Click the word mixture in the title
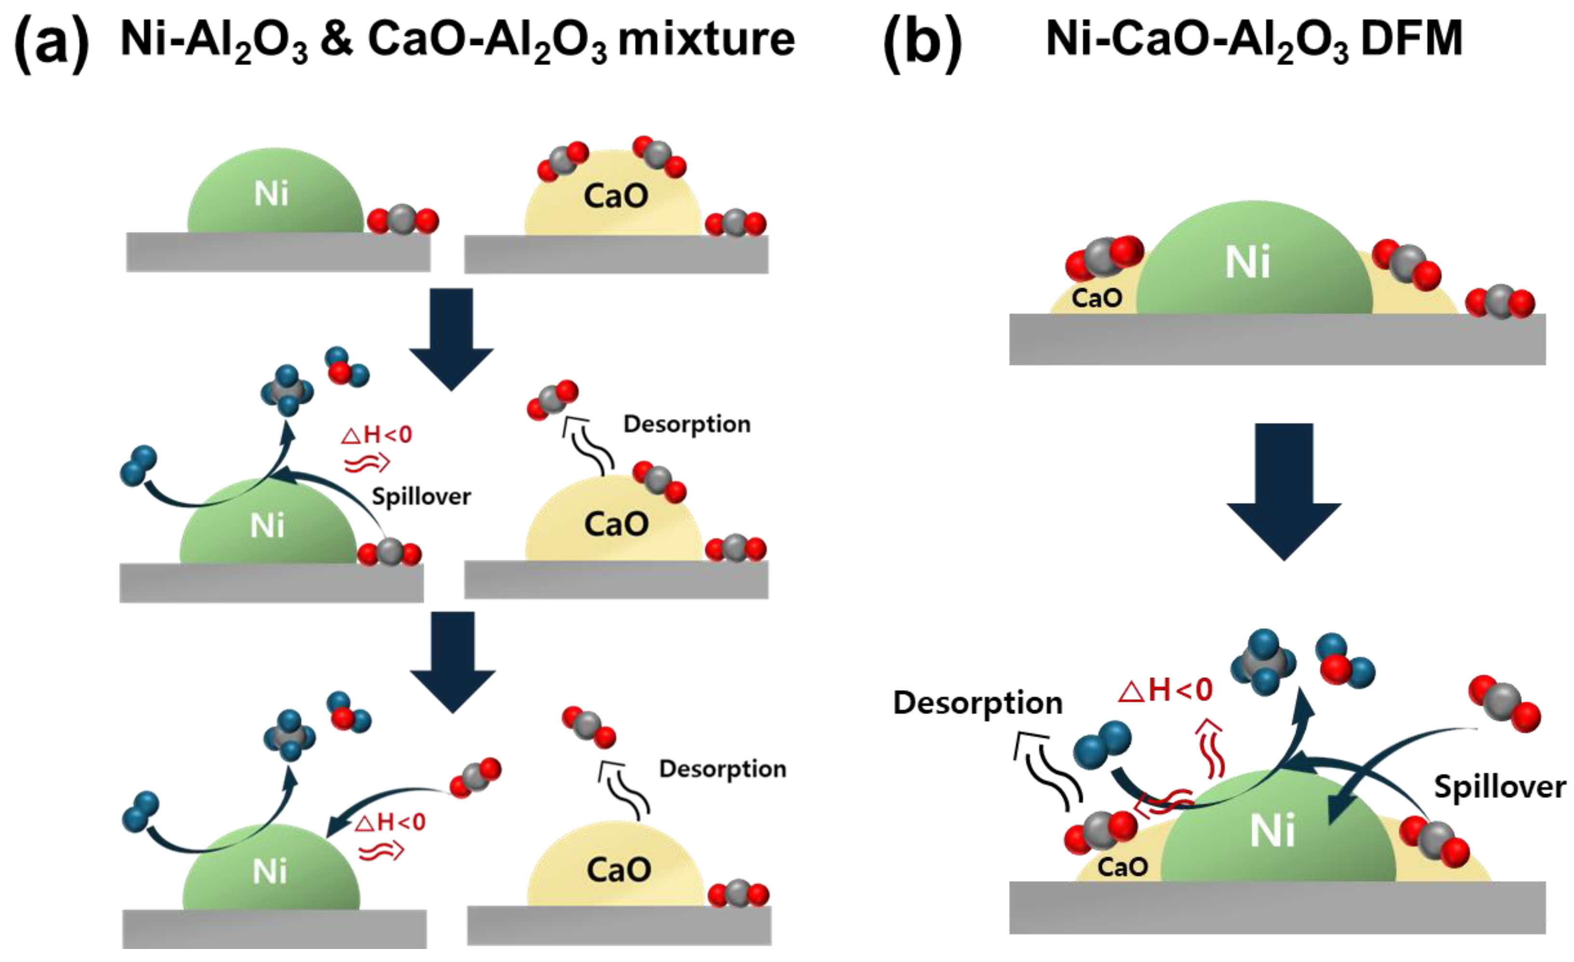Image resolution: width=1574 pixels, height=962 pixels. pos(706,40)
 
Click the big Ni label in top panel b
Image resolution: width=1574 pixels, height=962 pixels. pos(1248,262)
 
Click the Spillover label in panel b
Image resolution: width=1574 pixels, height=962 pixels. pos(1499,786)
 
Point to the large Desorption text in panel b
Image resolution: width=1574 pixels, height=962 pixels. pos(977,703)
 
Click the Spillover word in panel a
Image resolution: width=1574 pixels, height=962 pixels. pos(421,496)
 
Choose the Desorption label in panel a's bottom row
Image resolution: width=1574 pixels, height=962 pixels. pos(722,769)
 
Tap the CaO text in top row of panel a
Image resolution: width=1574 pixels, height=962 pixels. pos(616,195)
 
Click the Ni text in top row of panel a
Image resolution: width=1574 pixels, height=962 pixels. pos(271,193)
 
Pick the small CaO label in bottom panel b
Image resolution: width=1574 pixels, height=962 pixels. pos(1122,867)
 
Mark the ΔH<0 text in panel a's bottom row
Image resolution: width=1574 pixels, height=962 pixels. pos(390,822)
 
